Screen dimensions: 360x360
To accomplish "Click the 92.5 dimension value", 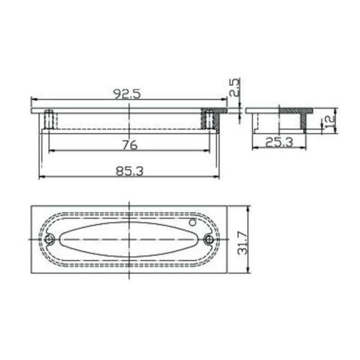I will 127,94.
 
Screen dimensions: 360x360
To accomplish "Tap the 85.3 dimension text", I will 129,171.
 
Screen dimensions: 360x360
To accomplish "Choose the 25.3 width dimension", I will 278,142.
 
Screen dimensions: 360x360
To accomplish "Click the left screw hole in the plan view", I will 50,239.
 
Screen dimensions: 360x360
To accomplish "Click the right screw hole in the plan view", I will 208,239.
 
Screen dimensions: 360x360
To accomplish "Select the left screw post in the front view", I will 48,119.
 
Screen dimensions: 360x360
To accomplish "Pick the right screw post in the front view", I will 208,119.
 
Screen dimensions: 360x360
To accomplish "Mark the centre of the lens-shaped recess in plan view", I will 129,239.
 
